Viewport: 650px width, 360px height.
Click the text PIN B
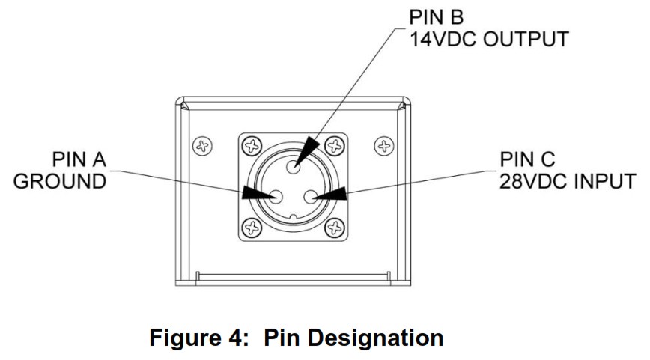coord(436,17)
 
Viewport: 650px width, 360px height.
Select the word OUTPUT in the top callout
coord(526,40)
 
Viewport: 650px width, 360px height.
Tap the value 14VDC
coord(443,40)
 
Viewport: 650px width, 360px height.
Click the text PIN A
coord(79,159)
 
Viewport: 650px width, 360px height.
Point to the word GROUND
coord(60,181)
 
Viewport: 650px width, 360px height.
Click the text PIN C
coord(527,159)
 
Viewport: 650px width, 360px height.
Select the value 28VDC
coord(535,181)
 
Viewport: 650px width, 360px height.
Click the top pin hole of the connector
coord(294,167)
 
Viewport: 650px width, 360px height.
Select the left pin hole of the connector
coord(276,197)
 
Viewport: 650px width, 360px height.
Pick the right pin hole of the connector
coord(311,197)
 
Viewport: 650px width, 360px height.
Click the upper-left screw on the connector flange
coord(252,146)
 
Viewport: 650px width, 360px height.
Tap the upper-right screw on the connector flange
coord(335,146)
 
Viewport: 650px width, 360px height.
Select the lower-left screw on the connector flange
coord(252,228)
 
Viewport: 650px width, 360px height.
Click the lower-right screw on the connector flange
coord(335,228)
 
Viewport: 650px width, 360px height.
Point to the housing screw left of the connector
coord(203,146)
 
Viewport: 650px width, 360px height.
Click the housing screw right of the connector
coord(384,146)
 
